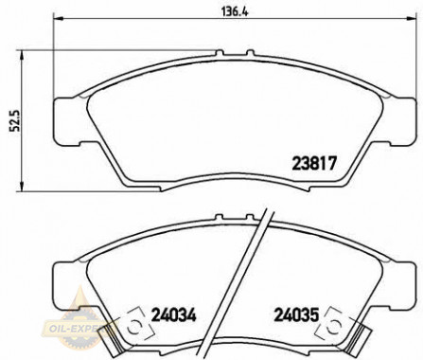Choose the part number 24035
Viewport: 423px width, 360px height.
tap(299, 311)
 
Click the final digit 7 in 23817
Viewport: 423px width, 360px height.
tap(332, 162)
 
